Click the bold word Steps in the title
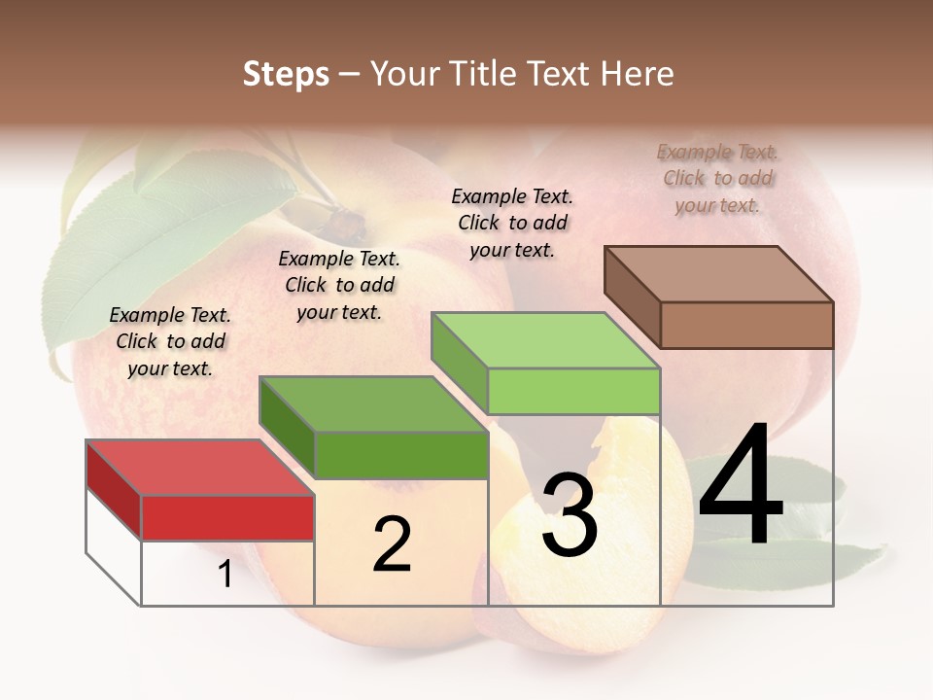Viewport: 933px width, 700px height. (x=286, y=74)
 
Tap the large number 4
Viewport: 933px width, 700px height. (x=741, y=486)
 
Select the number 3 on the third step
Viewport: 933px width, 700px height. (x=569, y=515)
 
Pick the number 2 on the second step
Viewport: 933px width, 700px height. (x=392, y=544)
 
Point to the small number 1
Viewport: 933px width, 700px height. (x=225, y=575)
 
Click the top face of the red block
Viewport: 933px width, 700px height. (x=199, y=468)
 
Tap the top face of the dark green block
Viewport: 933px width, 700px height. (x=373, y=403)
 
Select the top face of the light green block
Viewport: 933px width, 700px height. (x=544, y=340)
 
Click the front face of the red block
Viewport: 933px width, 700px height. (x=227, y=517)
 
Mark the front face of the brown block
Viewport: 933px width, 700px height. (x=746, y=325)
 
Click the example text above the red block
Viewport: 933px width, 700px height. (x=170, y=341)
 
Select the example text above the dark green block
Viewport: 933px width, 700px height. (x=339, y=285)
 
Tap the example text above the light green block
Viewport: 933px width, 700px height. (x=512, y=223)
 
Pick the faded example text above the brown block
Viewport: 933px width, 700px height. (x=717, y=178)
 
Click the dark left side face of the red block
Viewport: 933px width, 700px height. (x=114, y=489)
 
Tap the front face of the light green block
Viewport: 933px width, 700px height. (x=573, y=392)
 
